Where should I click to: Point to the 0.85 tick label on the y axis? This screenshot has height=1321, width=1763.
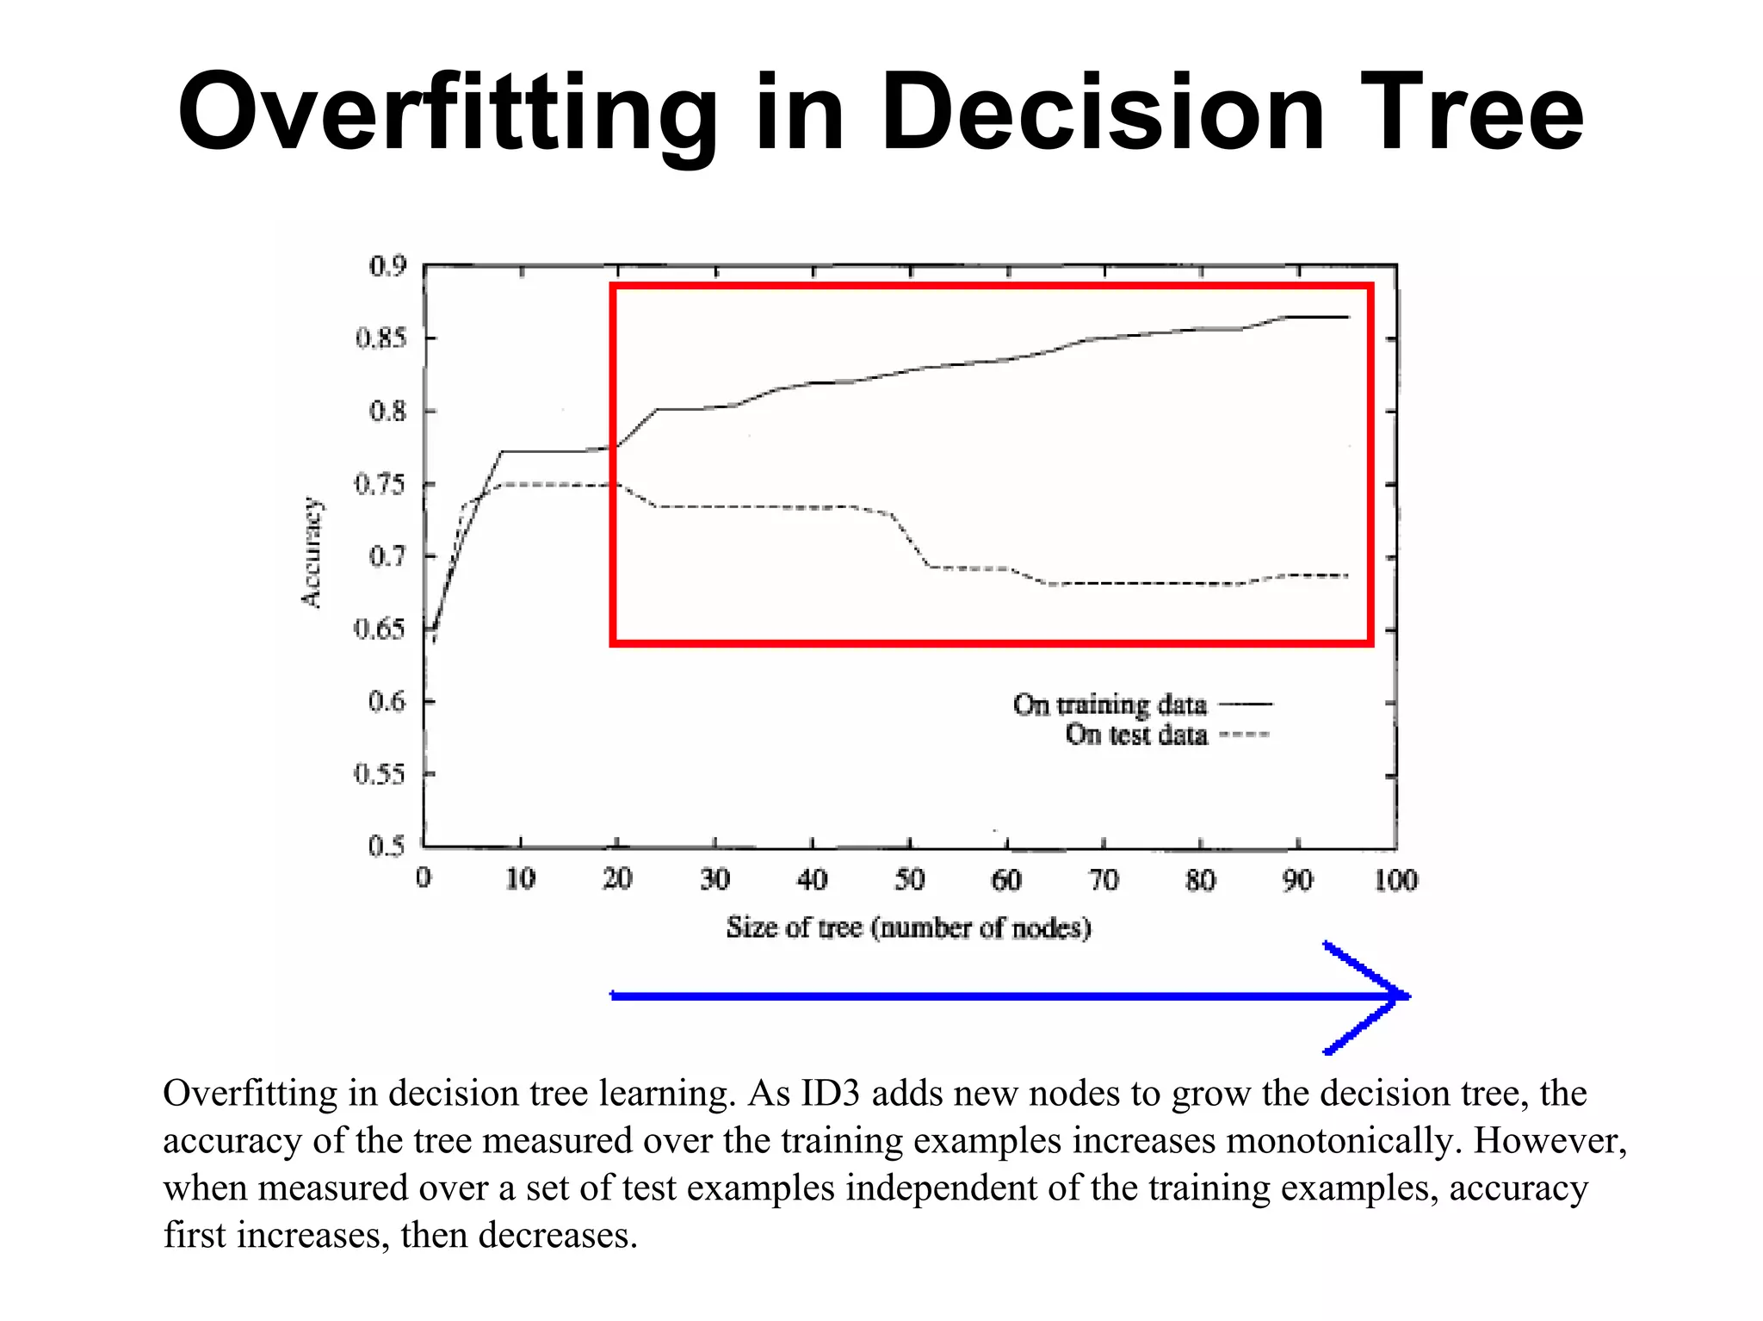(x=380, y=338)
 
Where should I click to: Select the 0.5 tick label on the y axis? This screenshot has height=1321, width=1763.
(x=387, y=847)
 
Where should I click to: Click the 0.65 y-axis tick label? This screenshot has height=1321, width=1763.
(x=380, y=629)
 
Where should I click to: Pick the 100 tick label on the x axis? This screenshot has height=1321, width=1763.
(x=1395, y=880)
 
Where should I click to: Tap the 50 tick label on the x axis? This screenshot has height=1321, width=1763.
(x=909, y=880)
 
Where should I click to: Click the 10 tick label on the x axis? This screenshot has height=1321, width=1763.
(x=520, y=880)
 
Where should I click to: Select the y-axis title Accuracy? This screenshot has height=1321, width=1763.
(x=312, y=553)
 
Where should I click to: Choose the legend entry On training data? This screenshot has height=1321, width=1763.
(x=1110, y=704)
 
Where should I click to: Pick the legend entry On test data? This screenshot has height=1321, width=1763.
(x=1136, y=735)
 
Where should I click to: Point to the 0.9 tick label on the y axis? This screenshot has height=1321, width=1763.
(x=387, y=266)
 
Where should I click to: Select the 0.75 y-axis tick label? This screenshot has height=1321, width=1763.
(x=380, y=485)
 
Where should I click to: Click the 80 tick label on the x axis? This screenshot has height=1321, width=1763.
(x=1201, y=880)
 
